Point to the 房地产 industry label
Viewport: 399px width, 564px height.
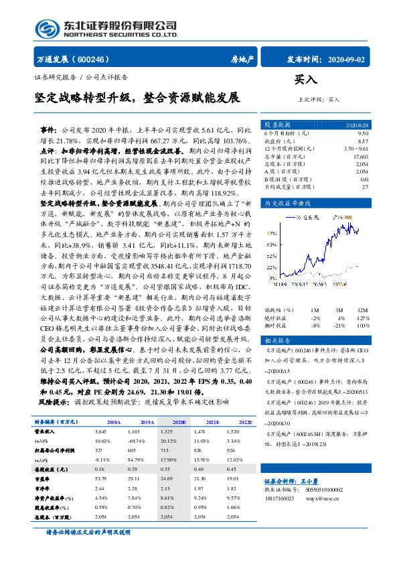point(242,59)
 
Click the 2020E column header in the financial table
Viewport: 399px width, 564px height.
point(179,422)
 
